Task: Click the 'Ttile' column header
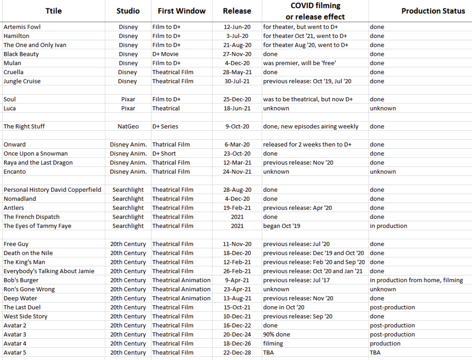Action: click(53, 11)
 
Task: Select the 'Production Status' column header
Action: click(433, 11)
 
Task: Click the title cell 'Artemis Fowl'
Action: click(22, 27)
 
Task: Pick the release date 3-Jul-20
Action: click(236, 36)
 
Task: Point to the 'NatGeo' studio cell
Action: click(128, 126)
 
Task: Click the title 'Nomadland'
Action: click(20, 199)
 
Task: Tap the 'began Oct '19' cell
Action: click(282, 226)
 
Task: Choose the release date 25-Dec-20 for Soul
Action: click(236, 99)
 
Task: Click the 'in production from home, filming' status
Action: click(416, 280)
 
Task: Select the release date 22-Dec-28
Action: click(236, 352)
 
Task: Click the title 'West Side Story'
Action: click(25, 316)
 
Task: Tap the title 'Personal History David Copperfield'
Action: click(52, 190)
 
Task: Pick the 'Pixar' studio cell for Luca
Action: click(128, 108)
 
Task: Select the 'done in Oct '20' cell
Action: click(284, 307)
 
